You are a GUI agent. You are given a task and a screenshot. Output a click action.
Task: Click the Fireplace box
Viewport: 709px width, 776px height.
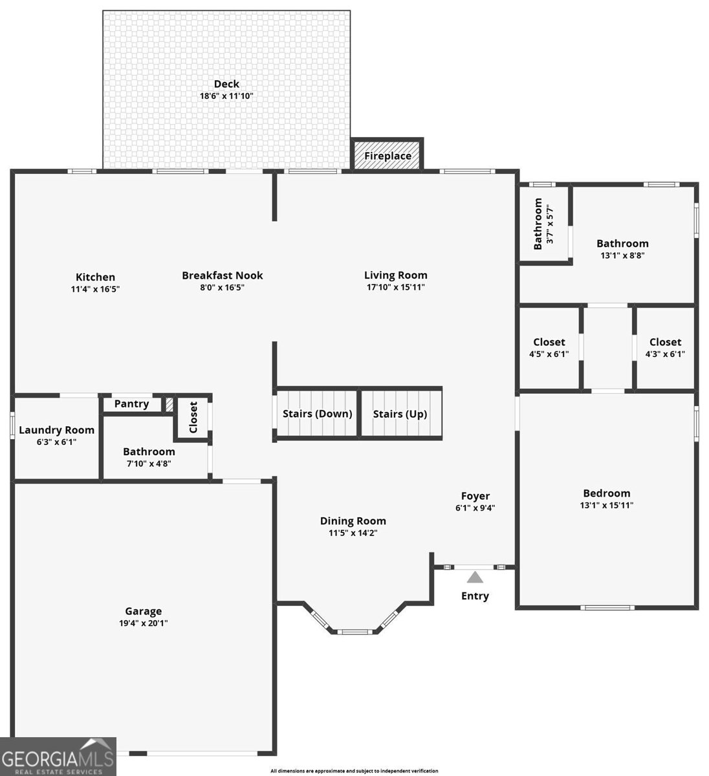[387, 156]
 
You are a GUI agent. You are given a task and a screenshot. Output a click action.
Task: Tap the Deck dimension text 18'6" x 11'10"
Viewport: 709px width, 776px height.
[226, 96]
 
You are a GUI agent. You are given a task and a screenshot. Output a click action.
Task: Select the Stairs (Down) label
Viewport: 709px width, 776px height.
[317, 414]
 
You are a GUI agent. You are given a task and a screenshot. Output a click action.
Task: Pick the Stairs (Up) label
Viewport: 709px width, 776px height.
[400, 414]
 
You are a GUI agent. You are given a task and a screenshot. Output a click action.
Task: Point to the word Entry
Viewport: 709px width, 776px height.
[475, 596]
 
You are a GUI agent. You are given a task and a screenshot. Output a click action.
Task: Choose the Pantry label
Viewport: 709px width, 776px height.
[131, 404]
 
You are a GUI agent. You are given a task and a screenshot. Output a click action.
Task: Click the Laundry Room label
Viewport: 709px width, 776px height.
[56, 430]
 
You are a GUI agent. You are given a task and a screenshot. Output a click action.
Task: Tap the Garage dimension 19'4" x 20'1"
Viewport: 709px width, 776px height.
[143, 623]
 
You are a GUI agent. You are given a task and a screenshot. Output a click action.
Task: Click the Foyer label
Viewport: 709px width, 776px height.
[475, 496]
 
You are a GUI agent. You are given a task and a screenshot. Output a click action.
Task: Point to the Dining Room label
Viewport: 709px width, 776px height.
[353, 521]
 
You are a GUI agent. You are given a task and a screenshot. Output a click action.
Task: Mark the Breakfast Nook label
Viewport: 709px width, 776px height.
[222, 275]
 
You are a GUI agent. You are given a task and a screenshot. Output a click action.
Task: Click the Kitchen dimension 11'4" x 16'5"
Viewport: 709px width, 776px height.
[95, 289]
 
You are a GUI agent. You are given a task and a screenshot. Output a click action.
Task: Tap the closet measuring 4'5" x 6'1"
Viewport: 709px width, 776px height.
[549, 348]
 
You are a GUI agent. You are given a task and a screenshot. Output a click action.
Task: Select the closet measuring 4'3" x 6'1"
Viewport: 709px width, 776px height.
[665, 348]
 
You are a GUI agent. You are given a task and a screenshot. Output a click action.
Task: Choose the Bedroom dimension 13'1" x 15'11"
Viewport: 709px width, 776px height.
[606, 505]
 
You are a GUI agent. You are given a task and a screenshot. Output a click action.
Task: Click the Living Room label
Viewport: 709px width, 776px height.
[395, 275]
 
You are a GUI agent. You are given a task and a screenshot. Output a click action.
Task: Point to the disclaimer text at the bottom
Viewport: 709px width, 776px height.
[354, 771]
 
